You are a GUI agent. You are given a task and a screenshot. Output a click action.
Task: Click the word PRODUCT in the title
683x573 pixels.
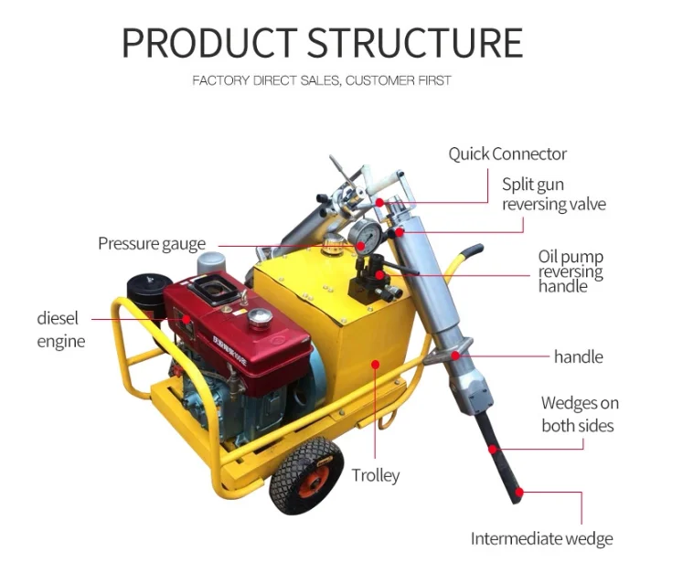point(208,42)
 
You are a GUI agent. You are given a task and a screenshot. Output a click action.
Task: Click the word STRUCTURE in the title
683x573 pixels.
point(413,42)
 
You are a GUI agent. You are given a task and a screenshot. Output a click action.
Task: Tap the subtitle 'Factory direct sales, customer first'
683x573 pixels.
point(321,80)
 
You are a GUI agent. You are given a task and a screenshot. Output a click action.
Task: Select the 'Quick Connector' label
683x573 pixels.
point(507,154)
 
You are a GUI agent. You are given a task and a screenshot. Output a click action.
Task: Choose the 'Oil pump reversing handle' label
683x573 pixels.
point(571,271)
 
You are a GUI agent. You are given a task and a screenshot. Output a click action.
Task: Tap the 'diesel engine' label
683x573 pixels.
point(60,330)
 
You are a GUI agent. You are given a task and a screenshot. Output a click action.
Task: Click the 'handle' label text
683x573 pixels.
point(578,355)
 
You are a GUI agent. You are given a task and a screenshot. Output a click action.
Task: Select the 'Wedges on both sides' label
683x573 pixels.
point(579,414)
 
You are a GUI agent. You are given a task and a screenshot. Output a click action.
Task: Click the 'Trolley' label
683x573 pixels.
point(376,475)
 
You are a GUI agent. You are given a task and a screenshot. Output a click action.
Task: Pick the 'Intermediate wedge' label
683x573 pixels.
point(541,538)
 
